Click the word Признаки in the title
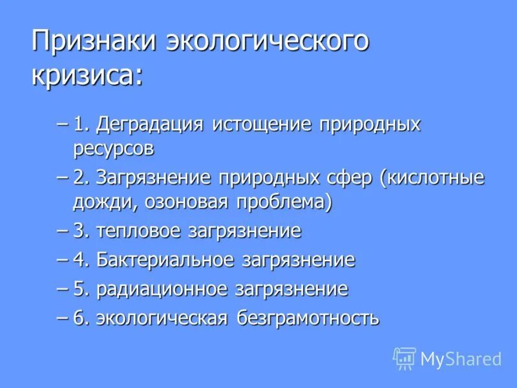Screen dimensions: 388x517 (94, 41)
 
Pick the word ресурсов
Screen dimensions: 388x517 (114, 149)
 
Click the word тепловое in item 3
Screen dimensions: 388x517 (139, 231)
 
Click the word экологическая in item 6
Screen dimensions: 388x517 (163, 318)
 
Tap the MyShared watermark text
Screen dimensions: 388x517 (461, 358)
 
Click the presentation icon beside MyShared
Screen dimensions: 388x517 (405, 358)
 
